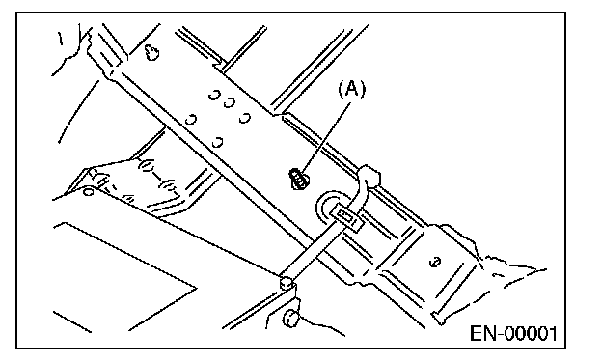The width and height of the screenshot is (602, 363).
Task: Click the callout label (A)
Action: click(352, 89)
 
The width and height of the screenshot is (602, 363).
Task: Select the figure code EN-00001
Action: click(513, 333)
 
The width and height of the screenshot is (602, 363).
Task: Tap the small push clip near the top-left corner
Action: click(152, 52)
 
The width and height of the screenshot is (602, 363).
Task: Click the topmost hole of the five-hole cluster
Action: click(214, 95)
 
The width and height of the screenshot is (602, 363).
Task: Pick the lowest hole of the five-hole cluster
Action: click(218, 143)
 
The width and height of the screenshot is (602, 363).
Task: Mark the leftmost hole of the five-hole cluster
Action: click(191, 120)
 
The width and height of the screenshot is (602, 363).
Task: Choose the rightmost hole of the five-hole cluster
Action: click(245, 118)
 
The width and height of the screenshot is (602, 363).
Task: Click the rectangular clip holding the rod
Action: click(346, 218)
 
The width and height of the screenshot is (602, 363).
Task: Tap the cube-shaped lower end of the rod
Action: click(287, 283)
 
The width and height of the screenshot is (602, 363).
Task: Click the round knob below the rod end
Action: click(290, 319)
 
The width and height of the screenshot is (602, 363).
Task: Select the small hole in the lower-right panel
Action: click(435, 263)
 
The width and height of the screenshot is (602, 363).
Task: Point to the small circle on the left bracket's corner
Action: click(89, 191)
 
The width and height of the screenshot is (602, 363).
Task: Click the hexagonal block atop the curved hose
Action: click(369, 175)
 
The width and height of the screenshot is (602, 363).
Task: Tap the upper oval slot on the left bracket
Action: click(147, 165)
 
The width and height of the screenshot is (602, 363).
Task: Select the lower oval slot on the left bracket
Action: click(170, 186)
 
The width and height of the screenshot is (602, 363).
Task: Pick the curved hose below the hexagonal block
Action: click(360, 195)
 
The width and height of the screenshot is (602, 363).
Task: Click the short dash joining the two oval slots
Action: click(157, 176)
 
